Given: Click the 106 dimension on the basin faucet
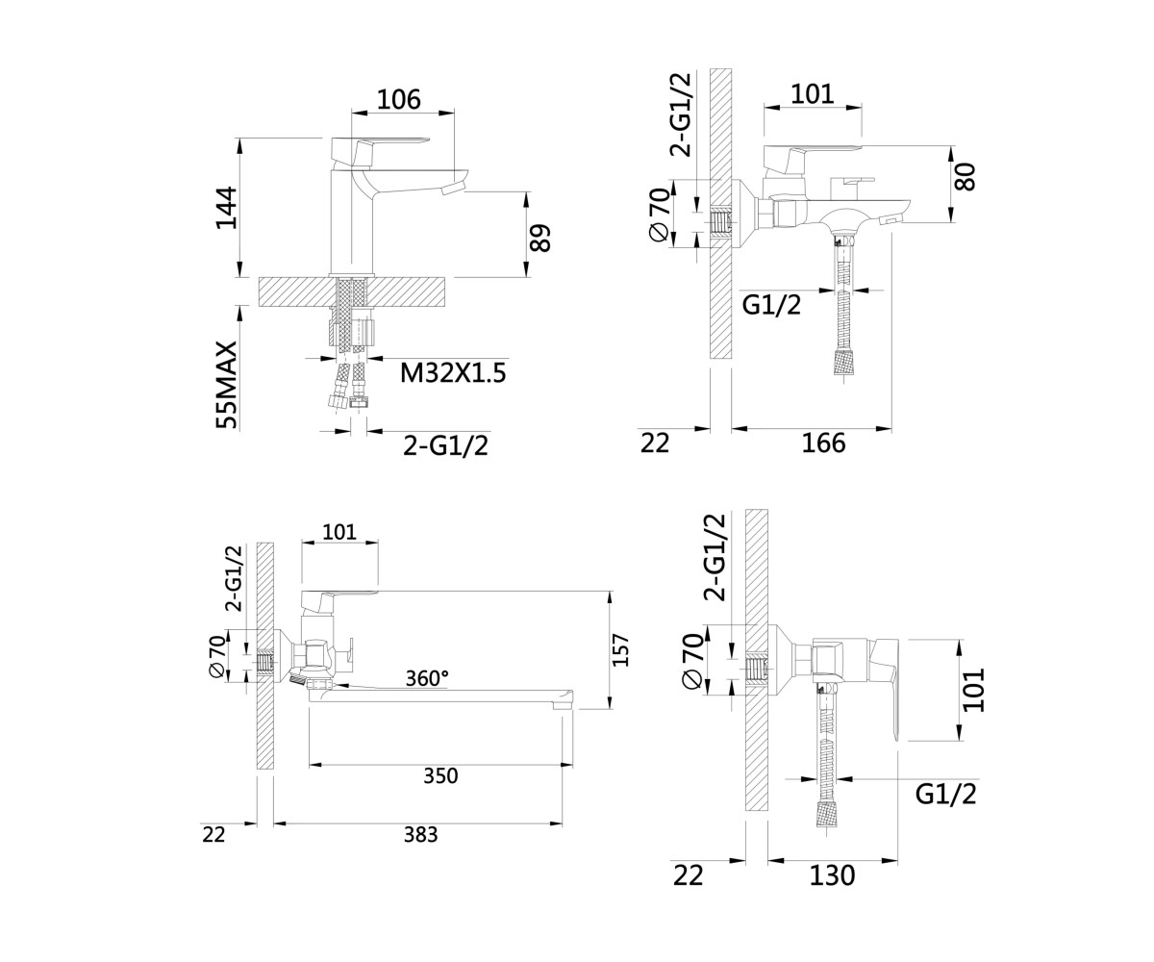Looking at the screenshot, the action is tap(398, 99).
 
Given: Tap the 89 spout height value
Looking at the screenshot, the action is tap(539, 238).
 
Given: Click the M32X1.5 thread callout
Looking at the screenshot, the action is tap(453, 373).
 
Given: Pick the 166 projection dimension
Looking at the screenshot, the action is tap(823, 443).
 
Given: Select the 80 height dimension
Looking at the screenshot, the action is tap(966, 177).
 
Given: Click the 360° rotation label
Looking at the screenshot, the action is tap(427, 678).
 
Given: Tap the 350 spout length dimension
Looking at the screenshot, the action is tap(440, 776).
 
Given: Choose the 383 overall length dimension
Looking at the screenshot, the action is tap(420, 834).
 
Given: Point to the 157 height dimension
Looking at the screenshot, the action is tap(621, 650).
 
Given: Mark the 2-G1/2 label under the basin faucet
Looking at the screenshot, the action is tap(446, 445).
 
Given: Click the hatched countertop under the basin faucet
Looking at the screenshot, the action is tap(353, 291).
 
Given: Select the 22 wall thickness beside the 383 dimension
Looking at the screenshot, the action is tap(213, 834).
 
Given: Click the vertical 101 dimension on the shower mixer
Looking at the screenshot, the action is tap(973, 690).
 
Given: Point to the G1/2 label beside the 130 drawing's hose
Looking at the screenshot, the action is tap(945, 795).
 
